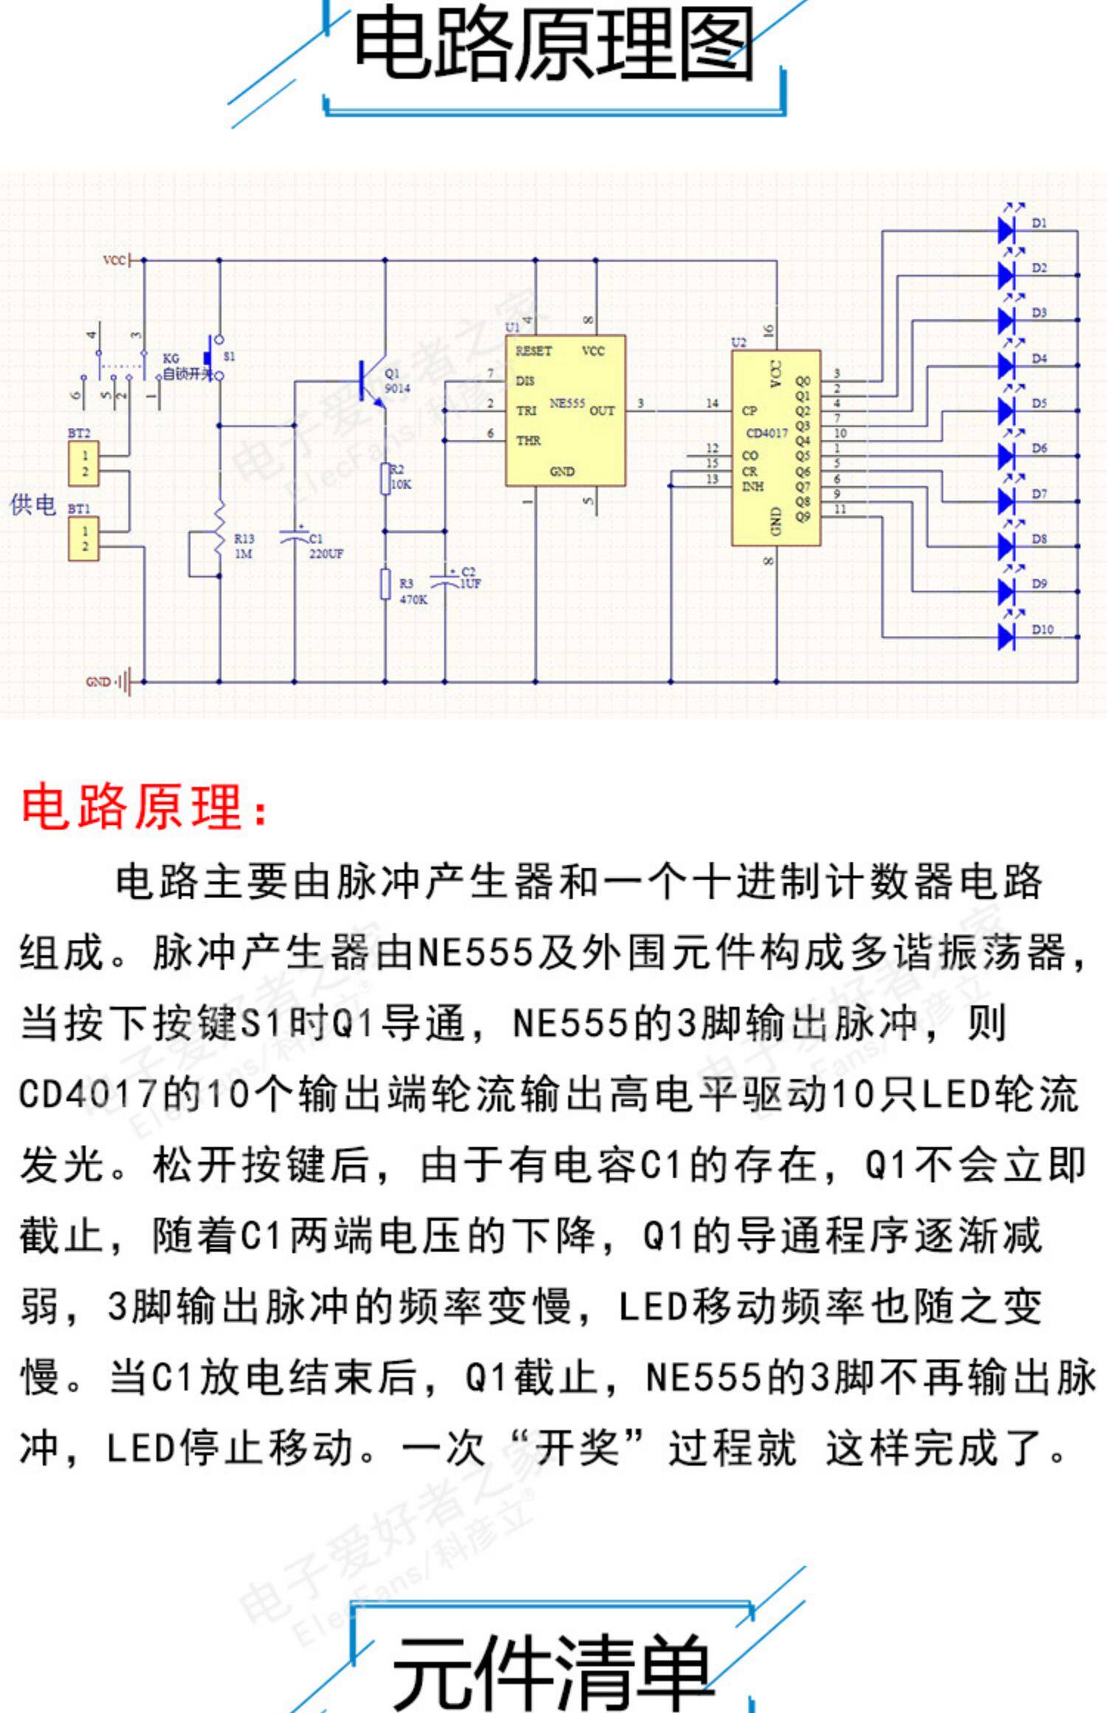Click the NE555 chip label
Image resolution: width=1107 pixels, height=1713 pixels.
coord(567,404)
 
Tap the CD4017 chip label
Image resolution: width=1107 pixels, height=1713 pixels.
coord(767,433)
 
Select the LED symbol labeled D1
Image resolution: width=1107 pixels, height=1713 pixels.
coord(1007,229)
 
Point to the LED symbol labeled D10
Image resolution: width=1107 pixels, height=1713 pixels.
coord(1007,636)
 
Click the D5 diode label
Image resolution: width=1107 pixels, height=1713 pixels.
coord(1039,404)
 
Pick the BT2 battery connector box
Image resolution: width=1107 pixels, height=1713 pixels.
coord(84,464)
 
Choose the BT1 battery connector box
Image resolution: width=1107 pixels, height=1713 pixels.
coord(84,539)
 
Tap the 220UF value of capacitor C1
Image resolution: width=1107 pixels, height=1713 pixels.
coord(326,554)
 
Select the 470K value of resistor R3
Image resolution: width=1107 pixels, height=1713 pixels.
coord(413,600)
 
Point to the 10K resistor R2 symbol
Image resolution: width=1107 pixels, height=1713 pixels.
coord(384,479)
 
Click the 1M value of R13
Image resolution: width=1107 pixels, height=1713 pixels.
coord(244,553)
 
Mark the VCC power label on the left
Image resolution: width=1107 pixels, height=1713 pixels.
coord(114,260)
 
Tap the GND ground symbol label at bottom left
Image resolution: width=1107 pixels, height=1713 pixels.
coord(99,682)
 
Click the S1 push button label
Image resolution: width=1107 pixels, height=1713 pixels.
coord(230,356)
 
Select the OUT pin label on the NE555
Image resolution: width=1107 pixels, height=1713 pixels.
coord(601,411)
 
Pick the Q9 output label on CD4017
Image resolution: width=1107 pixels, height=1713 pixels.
coord(803,516)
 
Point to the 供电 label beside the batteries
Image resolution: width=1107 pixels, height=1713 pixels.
coord(33,505)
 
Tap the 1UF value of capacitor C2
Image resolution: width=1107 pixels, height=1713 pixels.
coord(470,584)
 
